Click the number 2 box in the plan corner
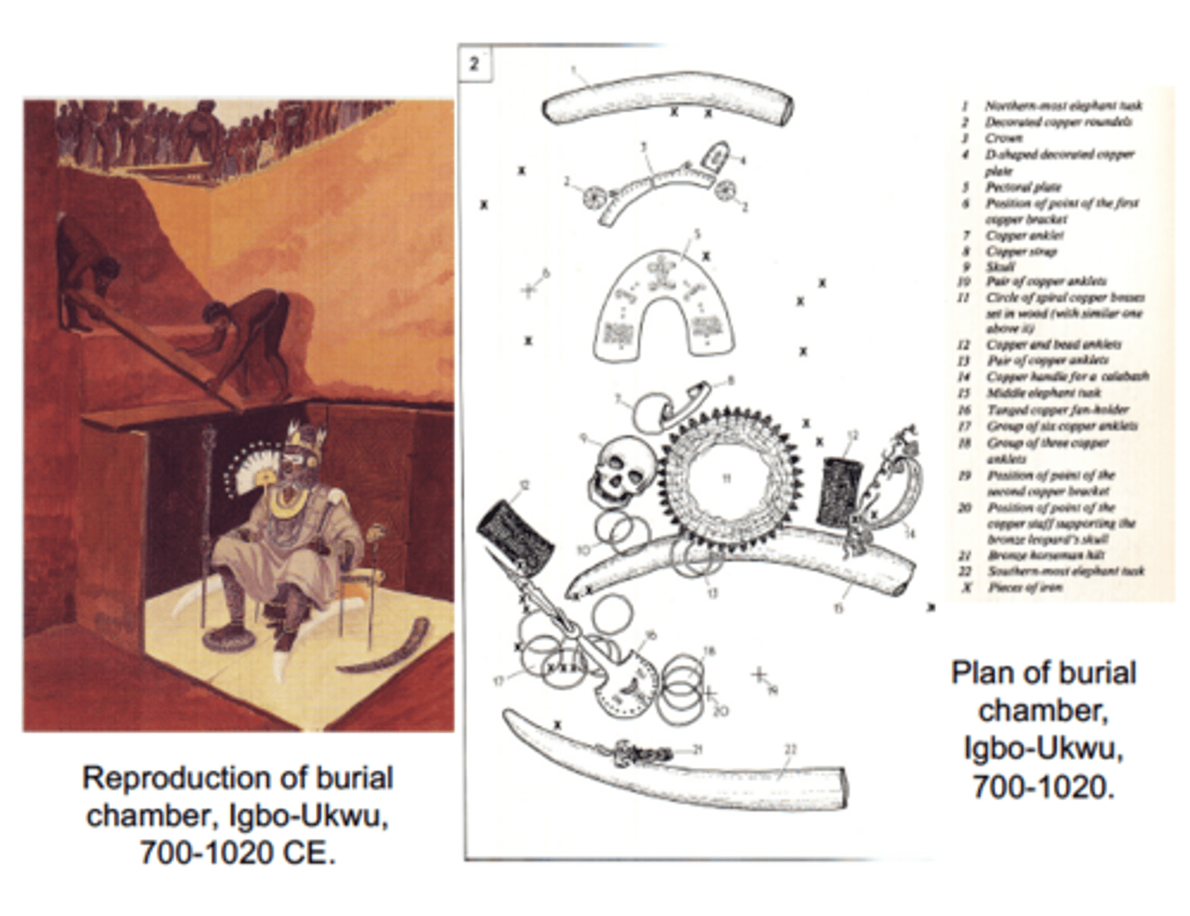(474, 64)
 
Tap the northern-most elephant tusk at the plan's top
(665, 97)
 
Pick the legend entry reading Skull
(999, 266)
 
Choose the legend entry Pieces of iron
(1025, 587)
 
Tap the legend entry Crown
(1003, 138)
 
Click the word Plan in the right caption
(980, 672)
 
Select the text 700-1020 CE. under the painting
(237, 852)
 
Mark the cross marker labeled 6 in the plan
(530, 289)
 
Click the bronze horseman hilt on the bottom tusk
(640, 754)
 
